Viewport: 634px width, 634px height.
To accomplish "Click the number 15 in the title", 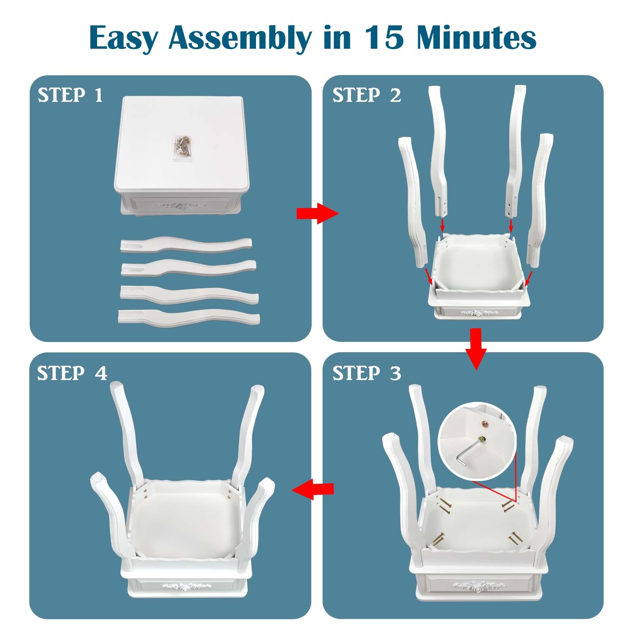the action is point(384,38).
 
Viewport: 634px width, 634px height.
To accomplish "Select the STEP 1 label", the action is point(70,95).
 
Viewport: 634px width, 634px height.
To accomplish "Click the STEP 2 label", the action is point(367,95).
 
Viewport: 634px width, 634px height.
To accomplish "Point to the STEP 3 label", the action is point(367,373).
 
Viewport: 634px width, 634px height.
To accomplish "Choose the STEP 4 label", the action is point(72,373).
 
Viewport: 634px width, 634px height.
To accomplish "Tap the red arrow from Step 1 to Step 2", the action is point(317,214).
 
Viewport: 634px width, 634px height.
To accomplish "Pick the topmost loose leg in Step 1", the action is point(186,244).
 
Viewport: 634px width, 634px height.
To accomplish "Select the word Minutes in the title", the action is point(477,38).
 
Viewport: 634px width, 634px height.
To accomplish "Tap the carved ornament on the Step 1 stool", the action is point(181,206).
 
